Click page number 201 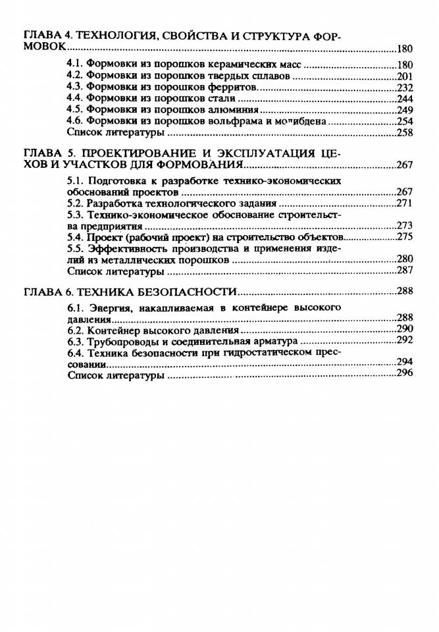pyautogui.click(x=405, y=76)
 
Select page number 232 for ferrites pyautogui.click(x=405, y=88)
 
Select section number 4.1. pyautogui.click(x=76, y=65)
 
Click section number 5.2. pyautogui.click(x=76, y=203)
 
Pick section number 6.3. pyautogui.click(x=76, y=342)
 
